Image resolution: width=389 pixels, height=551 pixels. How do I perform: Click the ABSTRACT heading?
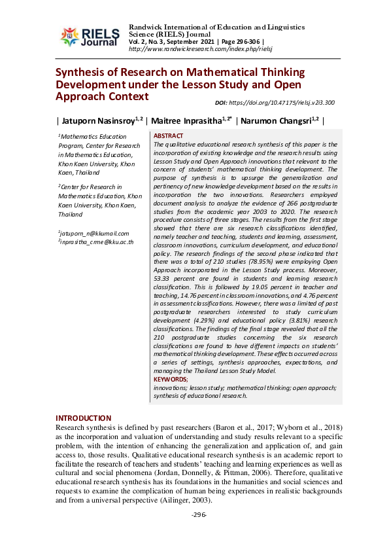click(x=167, y=135)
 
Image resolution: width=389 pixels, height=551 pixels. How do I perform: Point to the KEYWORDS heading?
click(x=170, y=379)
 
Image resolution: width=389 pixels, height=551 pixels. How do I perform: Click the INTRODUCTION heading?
click(x=83, y=418)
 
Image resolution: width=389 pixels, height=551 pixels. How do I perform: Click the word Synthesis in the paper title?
click(x=80, y=72)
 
